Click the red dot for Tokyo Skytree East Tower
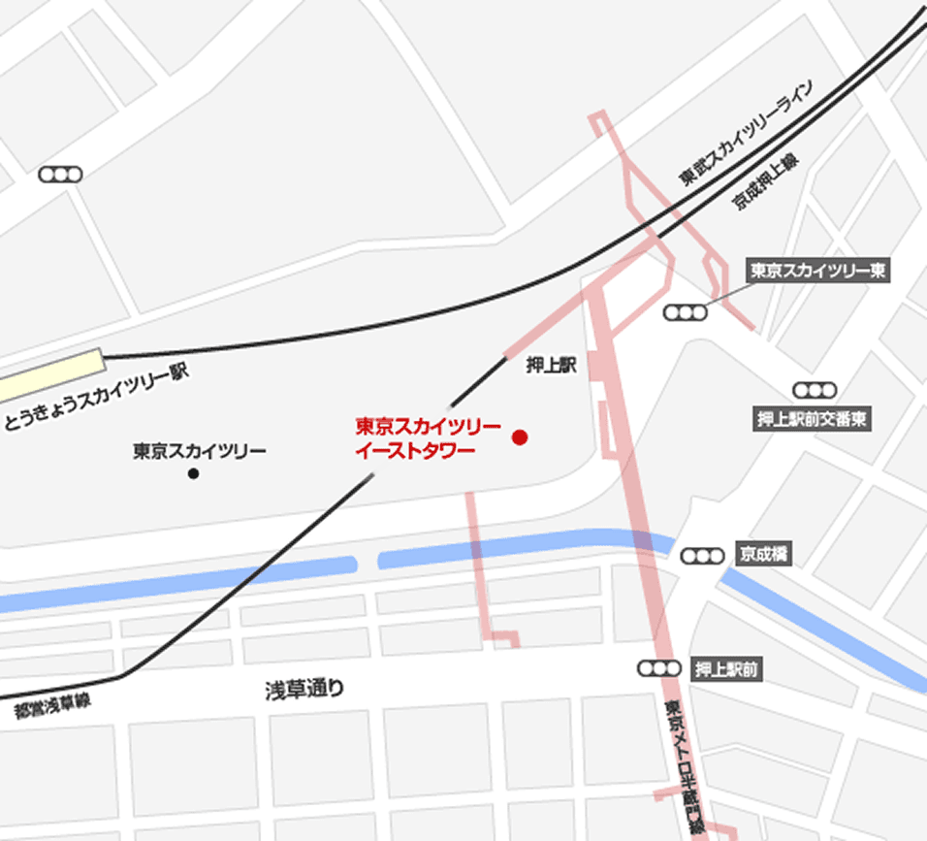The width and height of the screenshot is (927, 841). click(x=520, y=437)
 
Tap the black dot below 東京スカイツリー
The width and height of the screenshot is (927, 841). click(x=193, y=473)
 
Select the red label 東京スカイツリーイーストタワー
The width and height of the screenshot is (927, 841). click(x=428, y=437)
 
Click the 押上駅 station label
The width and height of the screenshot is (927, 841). click(x=551, y=366)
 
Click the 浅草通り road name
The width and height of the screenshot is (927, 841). click(x=304, y=690)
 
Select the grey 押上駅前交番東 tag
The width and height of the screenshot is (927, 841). click(x=812, y=419)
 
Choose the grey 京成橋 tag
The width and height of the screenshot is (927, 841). click(x=764, y=554)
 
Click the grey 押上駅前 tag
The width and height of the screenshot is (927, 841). click(x=726, y=668)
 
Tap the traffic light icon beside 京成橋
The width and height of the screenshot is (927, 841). click(x=702, y=556)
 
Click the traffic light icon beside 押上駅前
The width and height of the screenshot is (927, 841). click(x=658, y=668)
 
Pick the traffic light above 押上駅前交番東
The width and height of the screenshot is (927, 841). click(x=814, y=390)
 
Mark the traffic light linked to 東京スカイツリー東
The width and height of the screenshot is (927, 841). click(x=685, y=312)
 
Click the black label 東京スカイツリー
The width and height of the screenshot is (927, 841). click(x=200, y=451)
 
